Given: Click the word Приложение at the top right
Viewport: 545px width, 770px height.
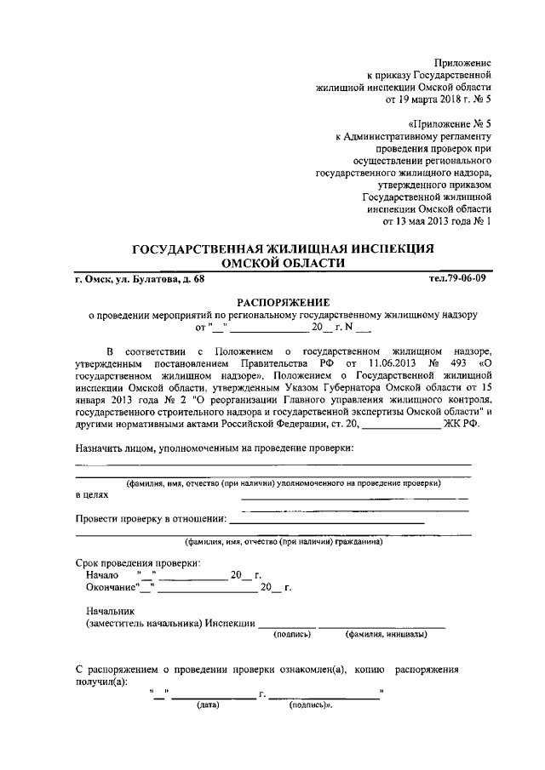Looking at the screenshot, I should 463,63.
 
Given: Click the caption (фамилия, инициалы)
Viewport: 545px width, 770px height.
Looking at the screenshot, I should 381,635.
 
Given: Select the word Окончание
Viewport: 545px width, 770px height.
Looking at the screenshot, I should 112,588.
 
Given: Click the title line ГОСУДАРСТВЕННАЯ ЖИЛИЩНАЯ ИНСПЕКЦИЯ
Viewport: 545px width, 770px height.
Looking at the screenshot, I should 284,248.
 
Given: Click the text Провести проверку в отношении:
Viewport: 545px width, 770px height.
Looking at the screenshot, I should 150,518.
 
